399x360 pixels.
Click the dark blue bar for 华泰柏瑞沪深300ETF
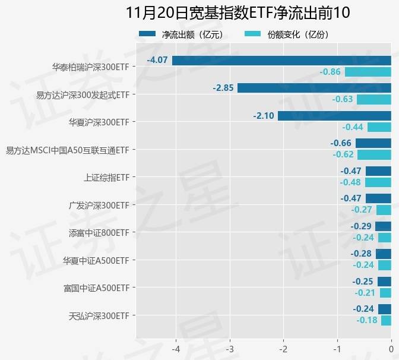tap(281, 60)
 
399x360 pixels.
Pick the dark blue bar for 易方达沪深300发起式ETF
tap(314, 88)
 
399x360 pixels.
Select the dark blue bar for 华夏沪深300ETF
tap(334, 115)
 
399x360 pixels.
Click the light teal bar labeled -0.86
tap(368, 72)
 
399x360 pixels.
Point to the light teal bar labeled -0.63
tap(373, 99)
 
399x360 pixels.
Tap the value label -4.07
tap(157, 60)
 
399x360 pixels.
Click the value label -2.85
tap(223, 88)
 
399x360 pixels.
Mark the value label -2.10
tap(263, 115)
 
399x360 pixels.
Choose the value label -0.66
tap(341, 143)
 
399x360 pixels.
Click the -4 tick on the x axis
tap(176, 348)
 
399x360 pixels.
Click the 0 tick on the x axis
tap(391, 348)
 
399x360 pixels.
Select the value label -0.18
tap(367, 320)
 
